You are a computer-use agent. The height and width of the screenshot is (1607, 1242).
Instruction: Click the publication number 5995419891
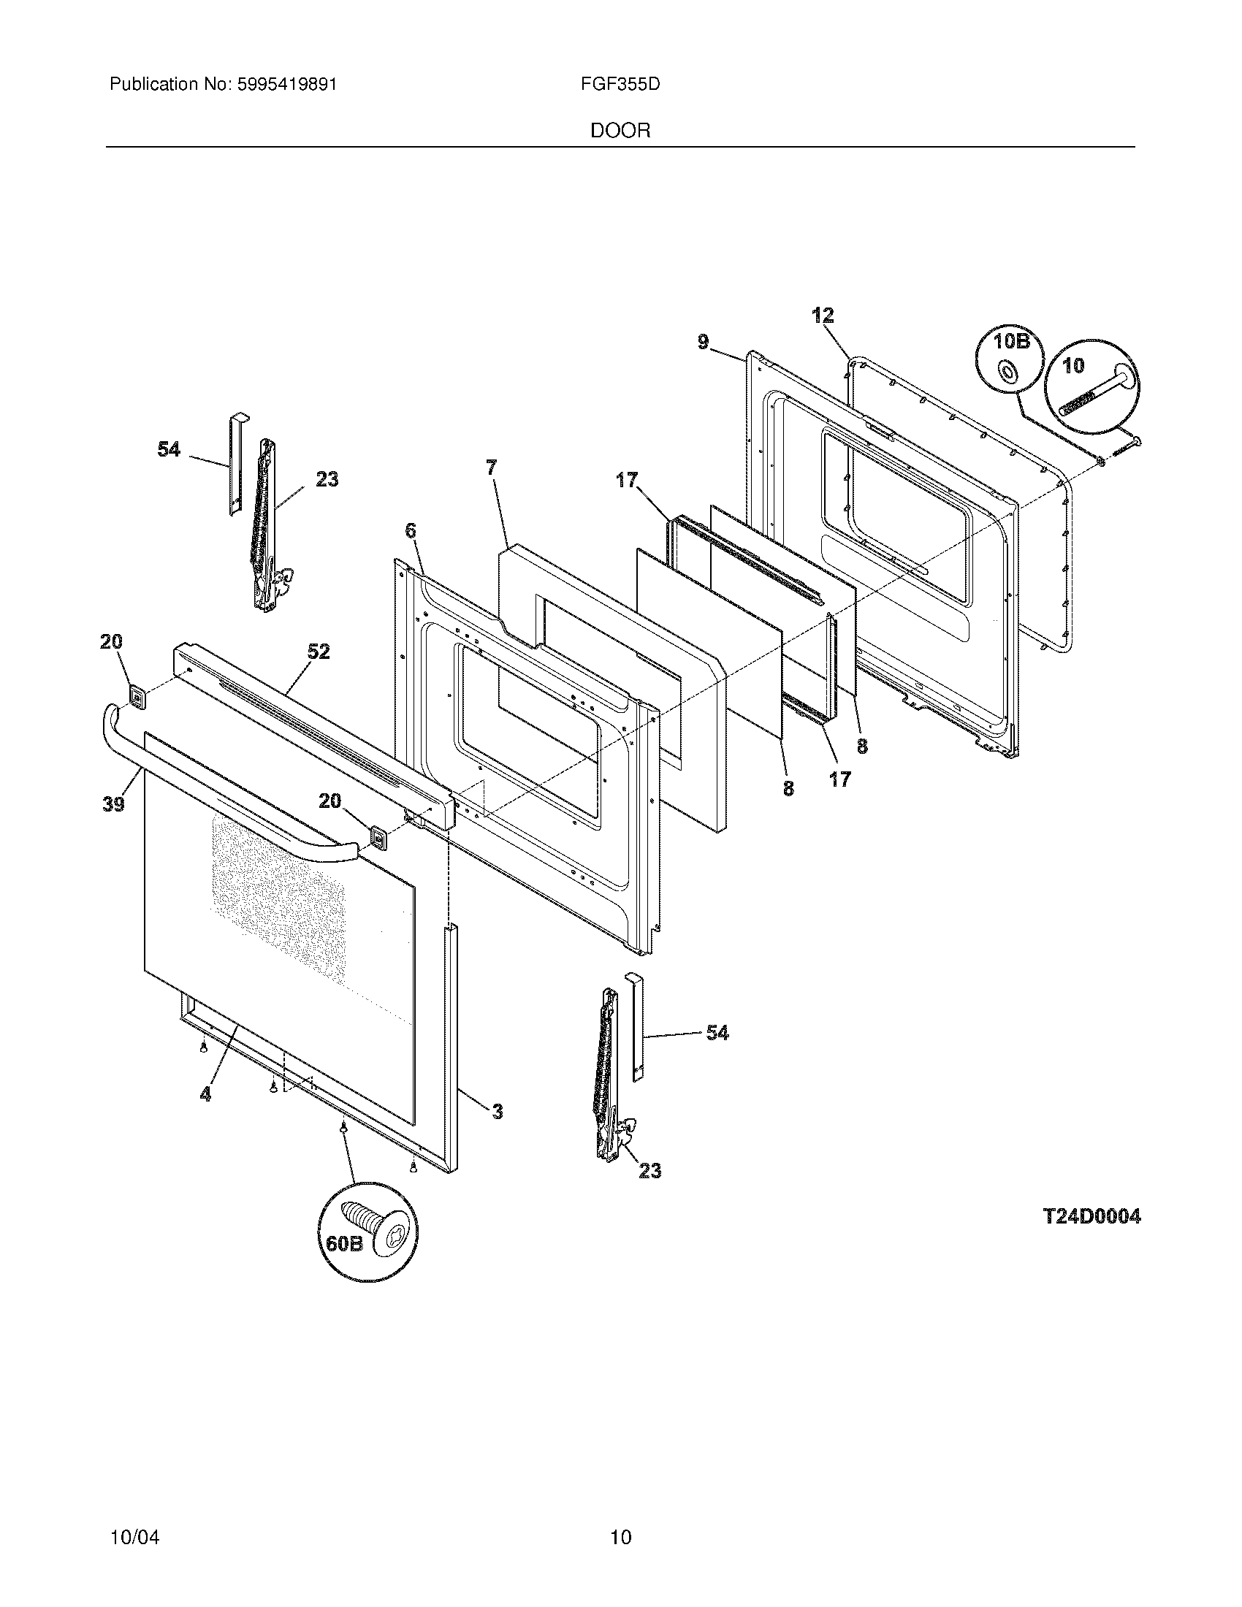286,85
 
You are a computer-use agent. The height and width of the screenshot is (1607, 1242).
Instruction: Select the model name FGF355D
620,85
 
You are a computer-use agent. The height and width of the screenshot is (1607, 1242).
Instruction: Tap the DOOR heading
620,131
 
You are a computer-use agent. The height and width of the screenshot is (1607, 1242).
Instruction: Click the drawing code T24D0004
1092,1216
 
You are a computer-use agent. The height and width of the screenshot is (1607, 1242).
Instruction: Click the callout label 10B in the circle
1010,342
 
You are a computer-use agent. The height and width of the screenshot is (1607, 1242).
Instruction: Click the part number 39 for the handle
113,804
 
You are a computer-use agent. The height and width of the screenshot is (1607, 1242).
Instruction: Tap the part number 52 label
318,652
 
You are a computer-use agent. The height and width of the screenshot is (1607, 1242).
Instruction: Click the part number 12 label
823,316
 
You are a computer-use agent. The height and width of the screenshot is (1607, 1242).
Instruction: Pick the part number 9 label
704,342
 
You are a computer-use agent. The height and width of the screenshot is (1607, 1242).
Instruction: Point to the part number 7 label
491,467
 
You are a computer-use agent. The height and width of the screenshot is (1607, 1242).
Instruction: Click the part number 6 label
410,530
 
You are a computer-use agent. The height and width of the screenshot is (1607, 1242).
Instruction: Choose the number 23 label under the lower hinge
649,1171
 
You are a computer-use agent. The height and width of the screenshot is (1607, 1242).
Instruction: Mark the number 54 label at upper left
169,449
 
